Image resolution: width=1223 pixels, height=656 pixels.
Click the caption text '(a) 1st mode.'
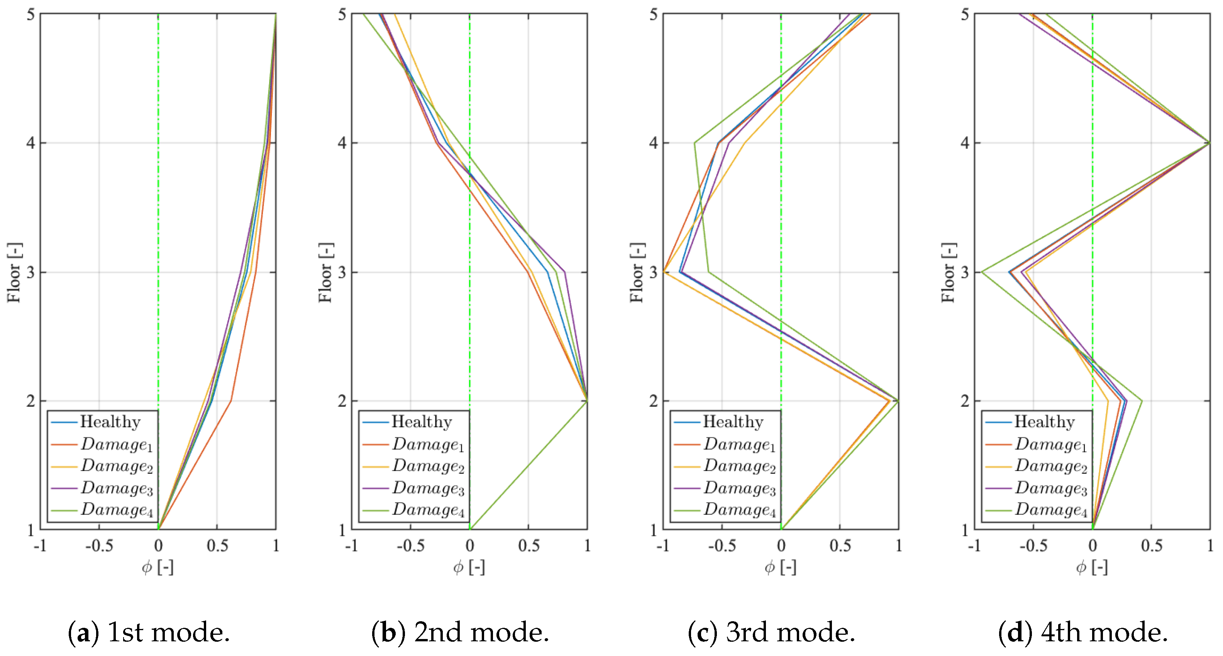(149, 632)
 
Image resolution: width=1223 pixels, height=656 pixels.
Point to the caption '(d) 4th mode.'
(1082, 632)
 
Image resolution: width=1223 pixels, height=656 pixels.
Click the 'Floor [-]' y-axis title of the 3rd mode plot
(636, 273)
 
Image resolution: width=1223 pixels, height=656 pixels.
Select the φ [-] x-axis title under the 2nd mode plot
(469, 567)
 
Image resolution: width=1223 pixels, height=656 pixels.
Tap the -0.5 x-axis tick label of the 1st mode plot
(99, 546)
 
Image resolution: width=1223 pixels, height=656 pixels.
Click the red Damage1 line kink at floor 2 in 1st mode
(231, 401)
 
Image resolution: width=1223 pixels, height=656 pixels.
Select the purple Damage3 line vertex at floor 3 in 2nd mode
(564, 272)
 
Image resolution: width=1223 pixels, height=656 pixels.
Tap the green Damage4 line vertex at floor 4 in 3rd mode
(695, 142)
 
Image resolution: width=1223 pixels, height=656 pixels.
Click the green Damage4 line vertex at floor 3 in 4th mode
(982, 272)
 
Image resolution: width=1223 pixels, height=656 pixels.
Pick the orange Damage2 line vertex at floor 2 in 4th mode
(1108, 401)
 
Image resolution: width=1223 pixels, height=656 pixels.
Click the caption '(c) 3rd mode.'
(771, 632)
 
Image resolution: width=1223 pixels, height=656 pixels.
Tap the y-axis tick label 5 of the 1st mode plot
(31, 14)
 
